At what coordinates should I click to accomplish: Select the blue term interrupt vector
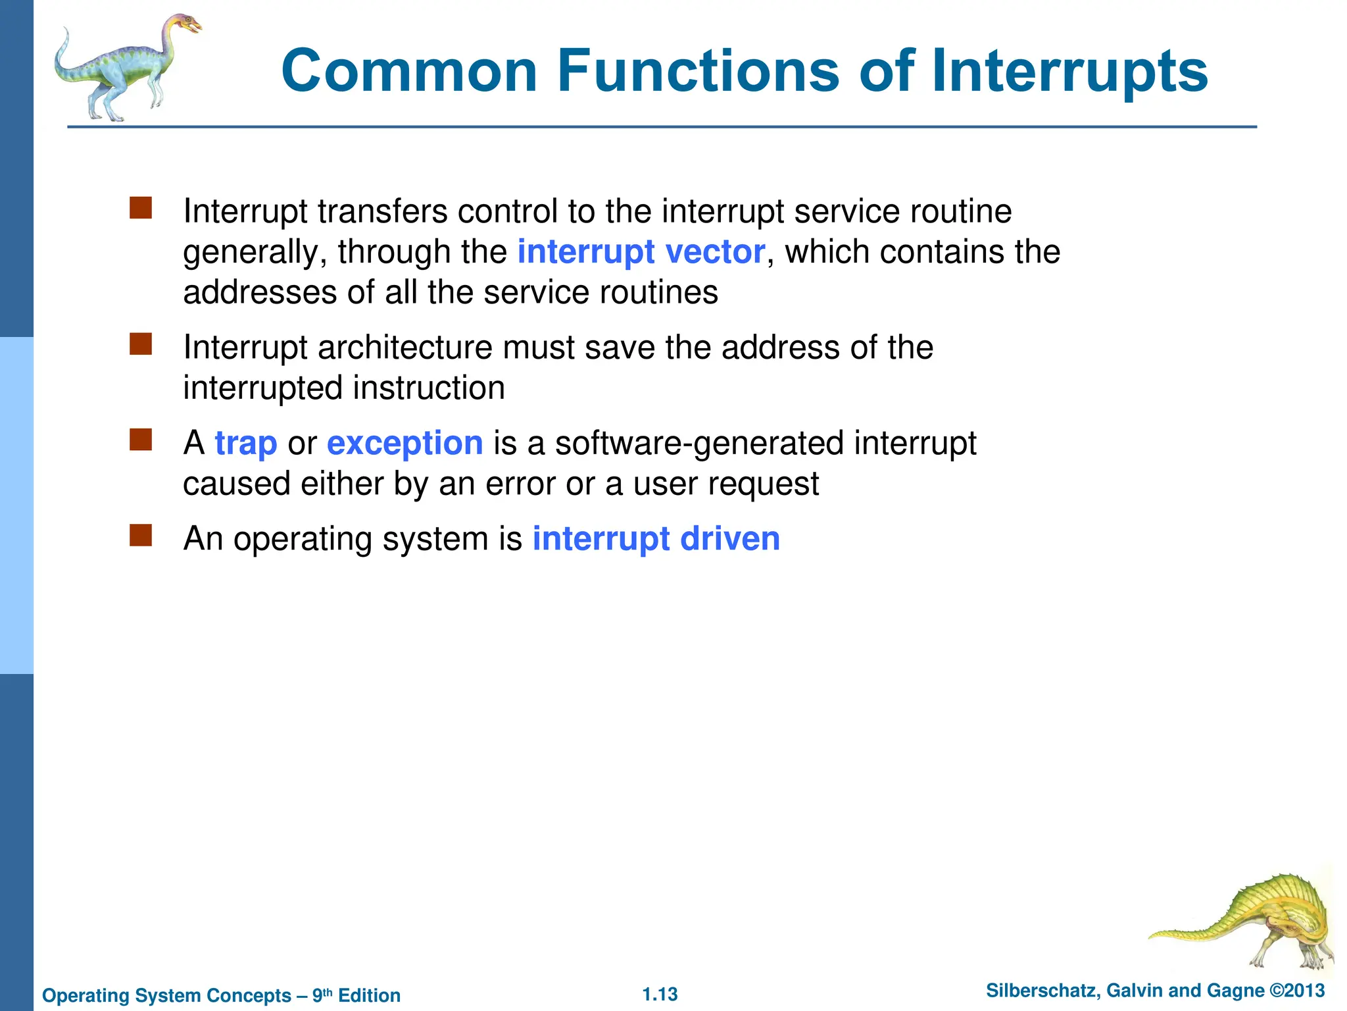tap(641, 252)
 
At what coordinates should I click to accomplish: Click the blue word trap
tap(246, 444)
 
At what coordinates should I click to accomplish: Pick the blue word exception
tap(404, 444)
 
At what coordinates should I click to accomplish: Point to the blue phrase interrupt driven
tap(656, 539)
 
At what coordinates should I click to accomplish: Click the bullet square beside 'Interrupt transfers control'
tap(141, 208)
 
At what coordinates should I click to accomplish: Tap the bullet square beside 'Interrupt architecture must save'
tap(141, 344)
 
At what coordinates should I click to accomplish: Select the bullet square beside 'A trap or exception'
tap(141, 440)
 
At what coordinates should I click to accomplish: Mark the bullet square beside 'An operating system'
tap(141, 535)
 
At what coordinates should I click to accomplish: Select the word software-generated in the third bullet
tap(699, 444)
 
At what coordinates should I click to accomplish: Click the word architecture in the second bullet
tap(404, 348)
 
